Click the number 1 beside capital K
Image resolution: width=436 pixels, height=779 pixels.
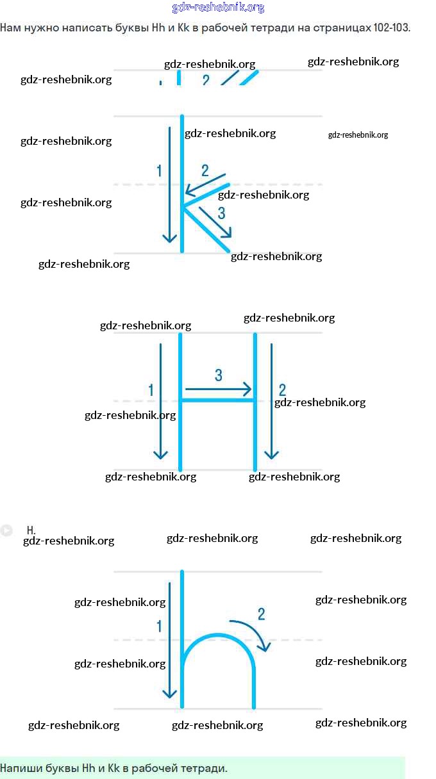pos(159,170)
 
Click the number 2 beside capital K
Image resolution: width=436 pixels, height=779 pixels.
pos(205,170)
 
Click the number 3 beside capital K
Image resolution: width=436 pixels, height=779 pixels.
pos(221,213)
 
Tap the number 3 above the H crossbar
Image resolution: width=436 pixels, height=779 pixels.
pos(219,375)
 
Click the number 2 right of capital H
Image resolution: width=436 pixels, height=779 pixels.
pos(282,389)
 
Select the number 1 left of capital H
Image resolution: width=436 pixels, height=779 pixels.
pos(151,389)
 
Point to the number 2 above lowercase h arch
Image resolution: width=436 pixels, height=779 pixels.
pos(261,614)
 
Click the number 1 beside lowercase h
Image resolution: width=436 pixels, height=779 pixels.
pos(159,626)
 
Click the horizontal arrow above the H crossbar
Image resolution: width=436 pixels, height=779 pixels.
pos(218,389)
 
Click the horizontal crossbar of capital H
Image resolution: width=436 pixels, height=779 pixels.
pos(217,400)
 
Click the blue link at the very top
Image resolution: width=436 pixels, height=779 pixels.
pos(218,8)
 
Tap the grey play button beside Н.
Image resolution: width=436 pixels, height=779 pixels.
pos(6,530)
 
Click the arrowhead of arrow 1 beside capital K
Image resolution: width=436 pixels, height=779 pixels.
pos(169,238)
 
